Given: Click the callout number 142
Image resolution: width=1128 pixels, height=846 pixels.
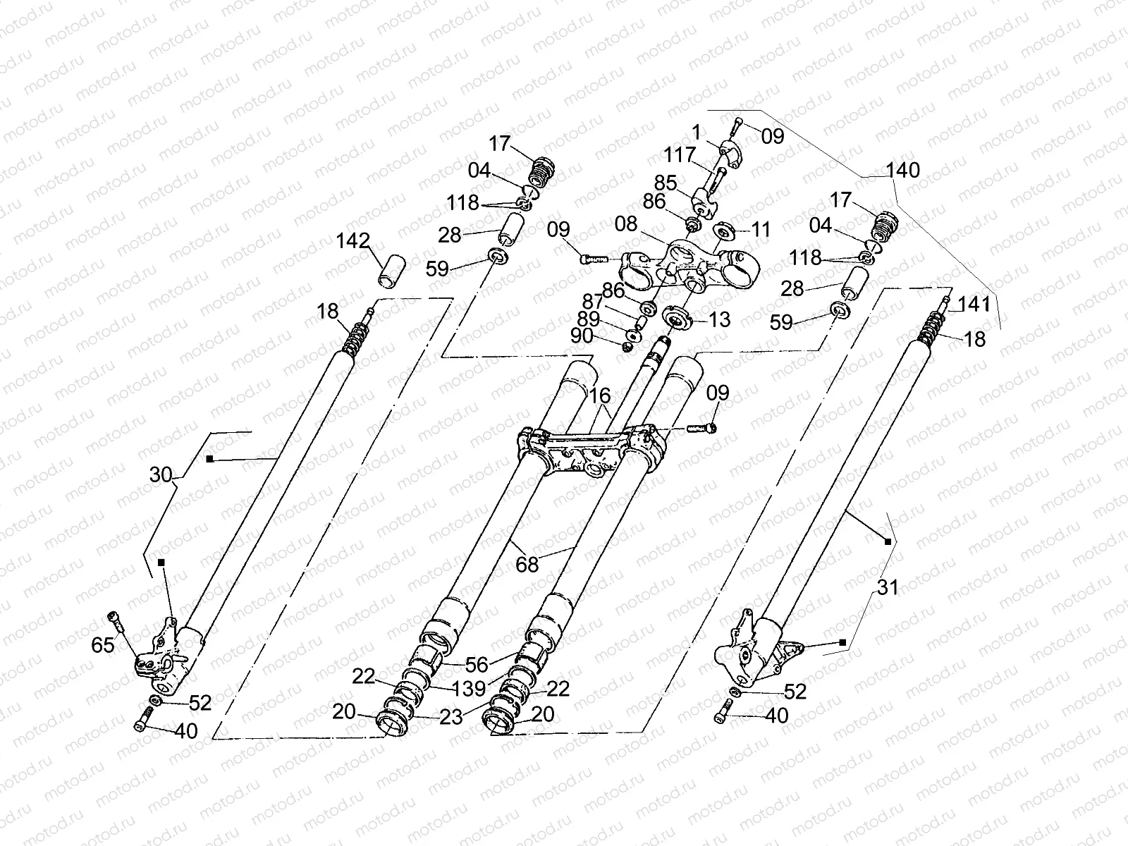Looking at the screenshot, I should [x=352, y=240].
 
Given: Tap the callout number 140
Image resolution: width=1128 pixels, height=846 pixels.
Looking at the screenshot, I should [x=903, y=170].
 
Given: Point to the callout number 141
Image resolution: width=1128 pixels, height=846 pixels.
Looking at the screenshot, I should [x=975, y=305].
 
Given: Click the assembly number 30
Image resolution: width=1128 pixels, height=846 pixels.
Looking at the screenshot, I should [x=161, y=475].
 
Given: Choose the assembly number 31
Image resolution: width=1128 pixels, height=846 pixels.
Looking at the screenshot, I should [x=888, y=587].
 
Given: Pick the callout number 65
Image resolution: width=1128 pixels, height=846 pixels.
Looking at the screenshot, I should [x=103, y=644].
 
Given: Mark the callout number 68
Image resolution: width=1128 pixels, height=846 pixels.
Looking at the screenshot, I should [x=527, y=564].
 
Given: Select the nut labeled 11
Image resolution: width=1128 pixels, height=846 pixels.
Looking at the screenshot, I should [x=724, y=231].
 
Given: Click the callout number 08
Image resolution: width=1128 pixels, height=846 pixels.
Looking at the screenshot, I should [x=625, y=224].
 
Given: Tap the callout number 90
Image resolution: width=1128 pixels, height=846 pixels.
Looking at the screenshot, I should [x=582, y=336].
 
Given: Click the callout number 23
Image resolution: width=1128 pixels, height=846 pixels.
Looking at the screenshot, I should [x=451, y=716].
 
